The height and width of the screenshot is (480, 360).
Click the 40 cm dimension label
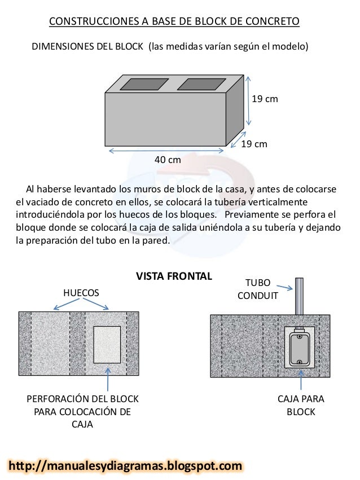(168, 160)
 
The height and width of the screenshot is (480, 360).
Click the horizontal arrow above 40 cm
(167, 150)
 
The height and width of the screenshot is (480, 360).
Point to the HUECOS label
(81, 293)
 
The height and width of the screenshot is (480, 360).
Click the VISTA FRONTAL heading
(174, 276)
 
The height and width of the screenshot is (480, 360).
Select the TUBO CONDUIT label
(257, 289)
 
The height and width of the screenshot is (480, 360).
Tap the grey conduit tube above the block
(299, 296)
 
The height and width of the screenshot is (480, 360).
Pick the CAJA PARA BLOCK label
(301, 406)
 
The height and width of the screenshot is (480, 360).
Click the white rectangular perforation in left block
(107, 344)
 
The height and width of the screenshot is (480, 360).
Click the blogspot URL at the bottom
(125, 466)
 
